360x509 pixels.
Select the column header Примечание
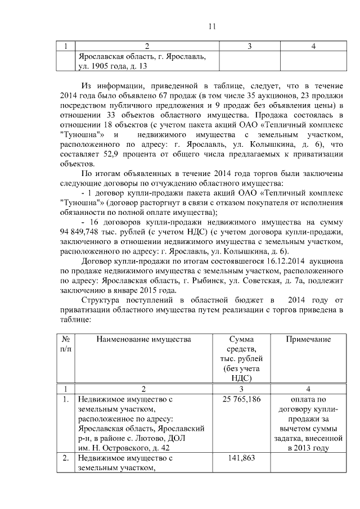click(308, 339)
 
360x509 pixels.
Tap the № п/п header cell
click(65, 344)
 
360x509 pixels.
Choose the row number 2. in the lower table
click(66, 458)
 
